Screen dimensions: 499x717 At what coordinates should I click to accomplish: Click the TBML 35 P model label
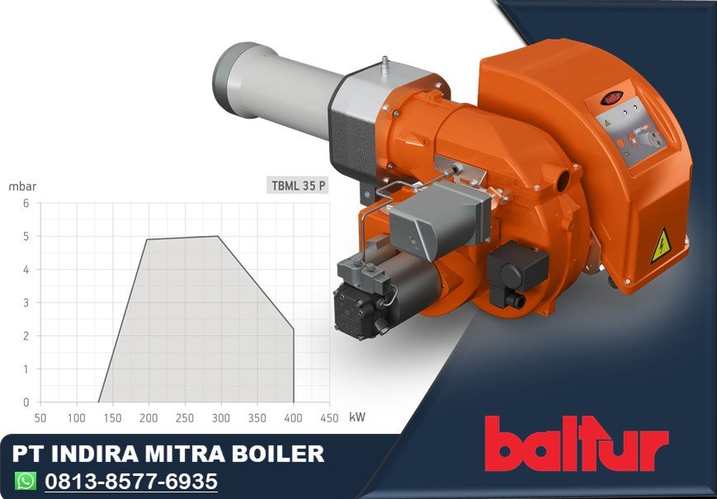coord(299,185)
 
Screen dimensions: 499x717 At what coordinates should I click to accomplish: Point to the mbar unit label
coord(22,186)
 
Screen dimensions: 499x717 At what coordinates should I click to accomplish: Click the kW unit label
coord(357,417)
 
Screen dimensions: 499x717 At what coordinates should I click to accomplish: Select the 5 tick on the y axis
coord(26,236)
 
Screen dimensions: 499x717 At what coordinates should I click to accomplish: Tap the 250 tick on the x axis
coord(185,417)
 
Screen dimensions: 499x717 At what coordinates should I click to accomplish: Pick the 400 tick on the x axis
coord(294,417)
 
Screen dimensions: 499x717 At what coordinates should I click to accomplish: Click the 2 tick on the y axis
coord(26,336)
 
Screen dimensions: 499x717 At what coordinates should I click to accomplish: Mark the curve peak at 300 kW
coord(219,236)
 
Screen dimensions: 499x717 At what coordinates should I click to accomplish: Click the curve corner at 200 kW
coord(147,239)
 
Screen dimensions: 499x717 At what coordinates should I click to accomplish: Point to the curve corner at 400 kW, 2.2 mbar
coord(294,329)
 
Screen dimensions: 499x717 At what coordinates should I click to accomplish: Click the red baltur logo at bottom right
coord(576,443)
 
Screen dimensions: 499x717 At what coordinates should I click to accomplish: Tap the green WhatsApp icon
coord(26,480)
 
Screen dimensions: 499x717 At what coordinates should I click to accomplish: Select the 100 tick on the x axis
coord(76,417)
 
